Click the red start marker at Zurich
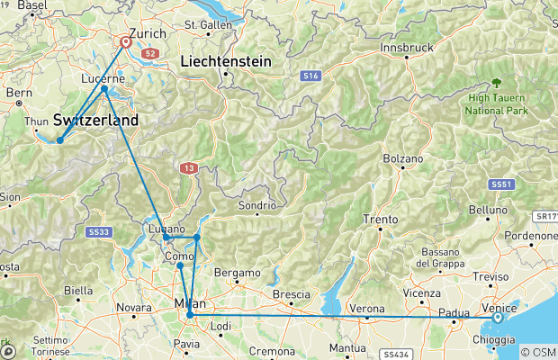(x=125, y=40)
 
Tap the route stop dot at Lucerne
(x=104, y=88)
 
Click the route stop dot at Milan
(x=189, y=316)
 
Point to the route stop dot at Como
(x=180, y=265)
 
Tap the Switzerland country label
(x=96, y=120)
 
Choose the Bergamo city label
(x=238, y=272)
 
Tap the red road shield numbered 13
(x=187, y=167)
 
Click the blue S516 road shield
(x=311, y=77)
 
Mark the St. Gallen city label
(x=208, y=24)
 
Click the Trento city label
(x=379, y=220)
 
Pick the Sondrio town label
(x=256, y=204)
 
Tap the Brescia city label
(x=291, y=294)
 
